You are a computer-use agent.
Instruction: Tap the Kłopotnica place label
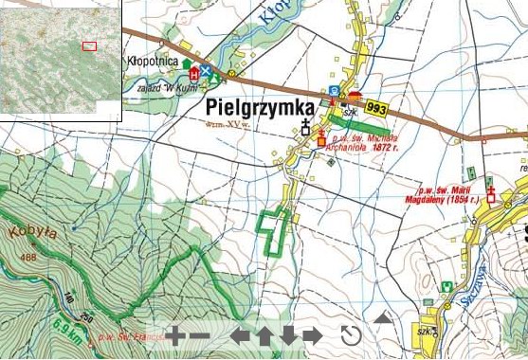click(153, 62)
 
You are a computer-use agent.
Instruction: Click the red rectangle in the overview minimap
click(89, 45)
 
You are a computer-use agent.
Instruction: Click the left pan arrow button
click(241, 334)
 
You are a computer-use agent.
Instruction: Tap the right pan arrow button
click(312, 334)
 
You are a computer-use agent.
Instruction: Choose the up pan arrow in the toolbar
click(264, 334)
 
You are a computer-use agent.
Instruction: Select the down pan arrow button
click(288, 334)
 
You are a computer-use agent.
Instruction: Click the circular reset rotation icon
click(351, 334)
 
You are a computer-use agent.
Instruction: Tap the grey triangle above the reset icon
click(383, 317)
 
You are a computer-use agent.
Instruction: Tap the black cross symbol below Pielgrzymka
click(305, 127)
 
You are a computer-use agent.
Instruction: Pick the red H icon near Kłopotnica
click(195, 72)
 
